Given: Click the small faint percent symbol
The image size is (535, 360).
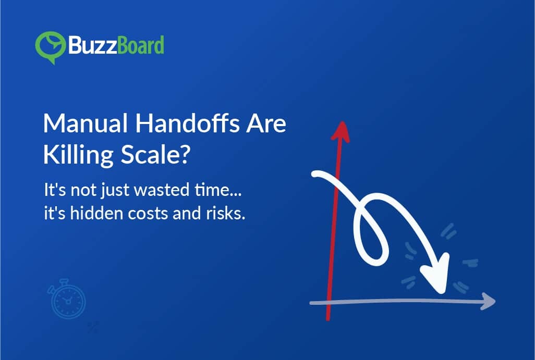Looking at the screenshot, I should (93, 327).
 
